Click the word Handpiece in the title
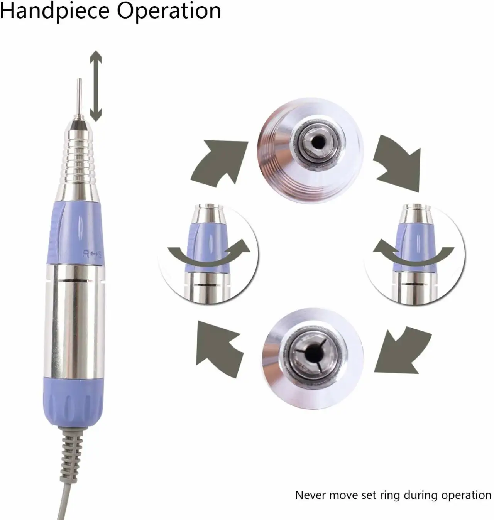pyautogui.click(x=55, y=11)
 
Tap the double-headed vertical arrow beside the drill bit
pyautogui.click(x=96, y=86)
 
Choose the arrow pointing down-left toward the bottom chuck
pyautogui.click(x=403, y=352)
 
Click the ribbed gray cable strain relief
pyautogui.click(x=71, y=454)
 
